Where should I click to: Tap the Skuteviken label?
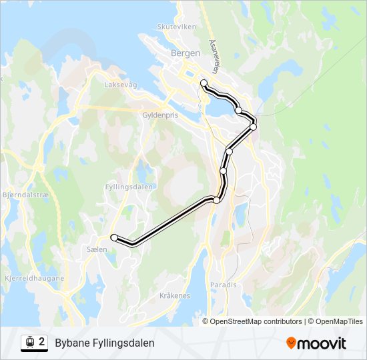coord(177,27)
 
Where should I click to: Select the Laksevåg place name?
coord(121,85)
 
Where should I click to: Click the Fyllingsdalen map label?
coord(128,187)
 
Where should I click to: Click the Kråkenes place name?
coord(175,295)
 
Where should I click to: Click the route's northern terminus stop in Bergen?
coord(204,83)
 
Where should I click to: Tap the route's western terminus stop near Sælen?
coord(114,237)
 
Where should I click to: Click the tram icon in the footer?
coord(30,342)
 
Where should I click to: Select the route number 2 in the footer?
coord(42,341)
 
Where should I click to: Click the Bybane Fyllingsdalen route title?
coord(104,343)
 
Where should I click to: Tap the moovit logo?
coord(316,343)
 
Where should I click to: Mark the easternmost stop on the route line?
coord(253,126)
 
